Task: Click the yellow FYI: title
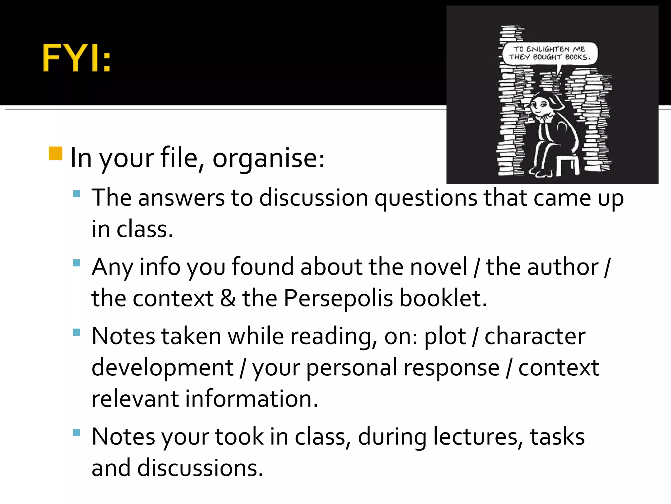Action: click(77, 58)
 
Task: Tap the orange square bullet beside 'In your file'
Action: click(55, 153)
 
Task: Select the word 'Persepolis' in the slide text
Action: click(338, 299)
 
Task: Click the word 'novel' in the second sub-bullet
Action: click(439, 267)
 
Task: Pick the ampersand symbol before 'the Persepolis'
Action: click(228, 299)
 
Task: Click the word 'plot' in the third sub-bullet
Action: click(445, 337)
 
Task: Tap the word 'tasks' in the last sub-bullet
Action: click(557, 437)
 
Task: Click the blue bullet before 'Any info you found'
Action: click(77, 263)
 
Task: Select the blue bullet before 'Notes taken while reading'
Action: click(77, 332)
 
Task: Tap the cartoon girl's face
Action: click(541, 105)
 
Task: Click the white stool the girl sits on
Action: click(567, 164)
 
